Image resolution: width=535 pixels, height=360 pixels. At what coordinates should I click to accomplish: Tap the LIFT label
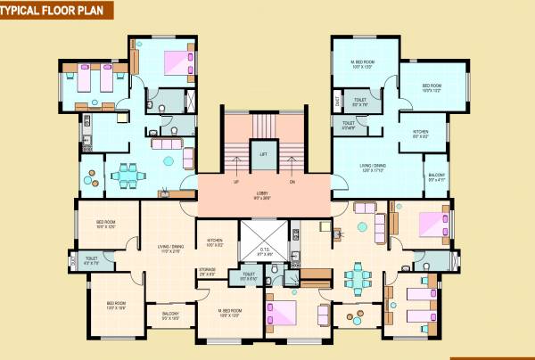tap(263, 154)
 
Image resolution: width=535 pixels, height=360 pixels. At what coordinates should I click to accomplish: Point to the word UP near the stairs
tap(235, 183)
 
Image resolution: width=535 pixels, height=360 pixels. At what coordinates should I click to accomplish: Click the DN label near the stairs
tap(292, 183)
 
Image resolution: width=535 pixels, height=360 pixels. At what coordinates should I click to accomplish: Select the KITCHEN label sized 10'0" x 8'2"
tap(215, 241)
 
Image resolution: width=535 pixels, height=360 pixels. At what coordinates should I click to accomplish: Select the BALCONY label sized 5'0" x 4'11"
tap(436, 176)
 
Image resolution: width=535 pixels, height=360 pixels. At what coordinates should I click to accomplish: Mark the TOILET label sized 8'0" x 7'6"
tap(360, 102)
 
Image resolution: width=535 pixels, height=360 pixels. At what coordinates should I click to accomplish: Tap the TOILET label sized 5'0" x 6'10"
tap(249, 277)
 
